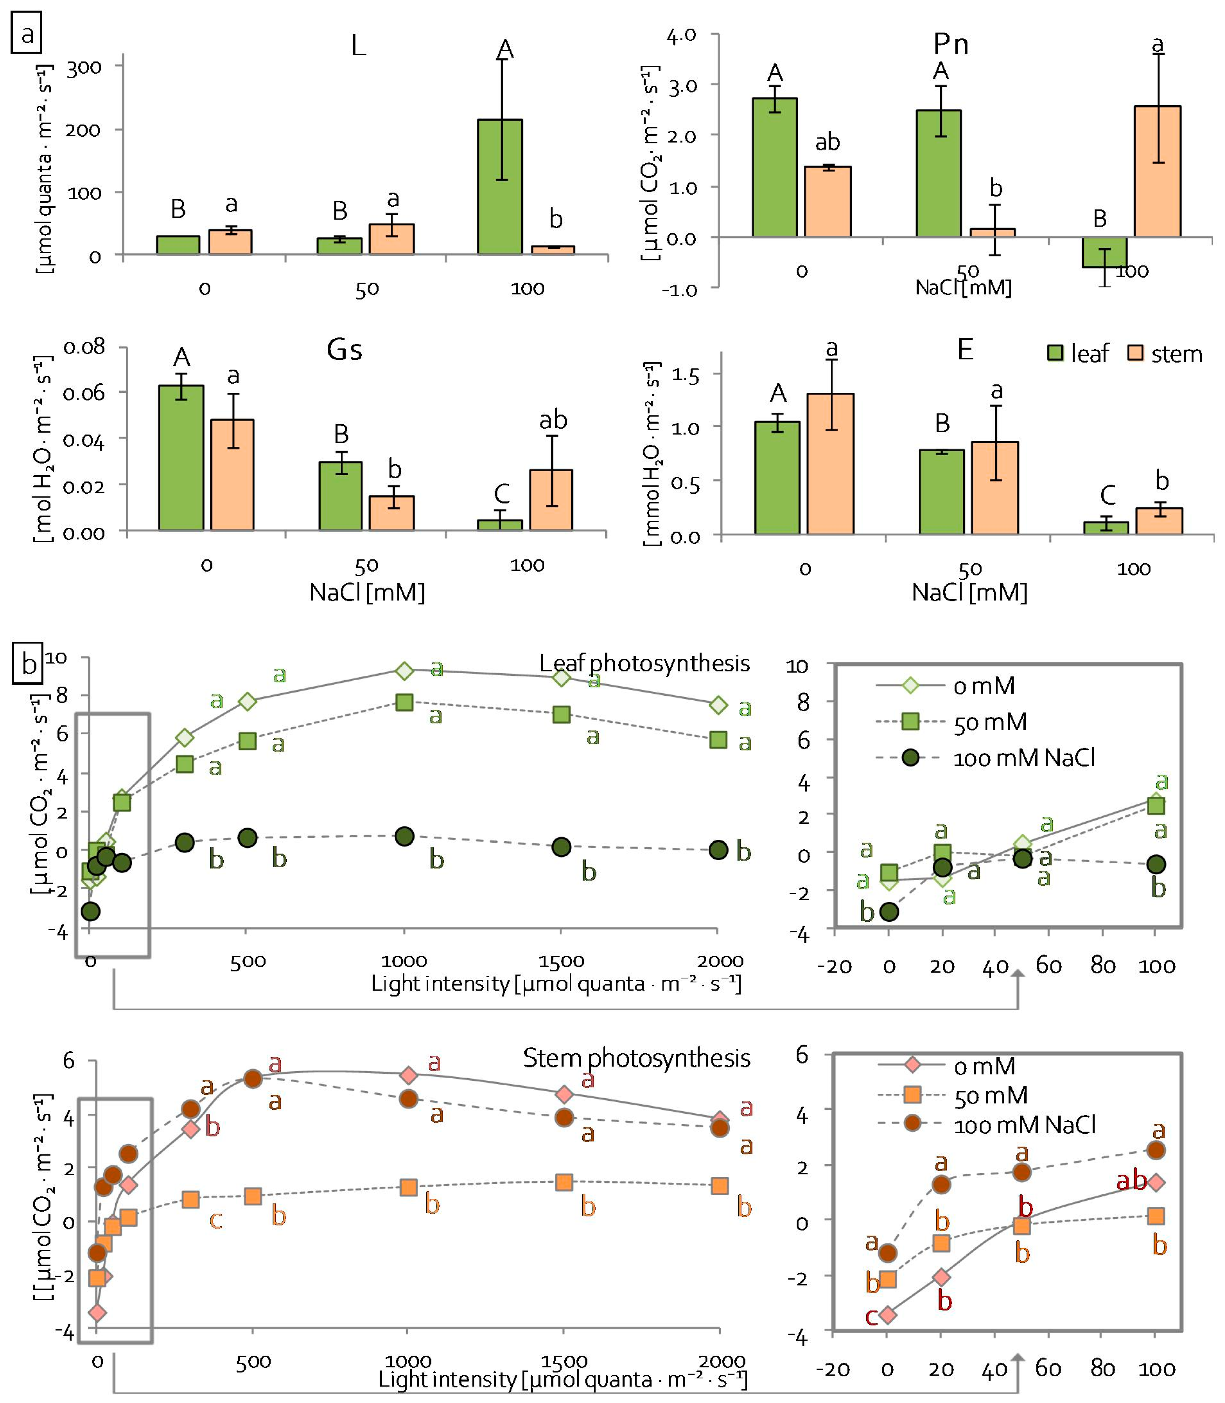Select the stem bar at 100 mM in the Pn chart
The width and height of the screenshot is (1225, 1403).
[1157, 171]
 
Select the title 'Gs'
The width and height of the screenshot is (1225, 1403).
[345, 350]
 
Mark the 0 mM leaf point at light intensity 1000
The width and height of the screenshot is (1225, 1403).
[405, 671]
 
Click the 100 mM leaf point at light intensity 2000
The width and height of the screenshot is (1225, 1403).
[718, 850]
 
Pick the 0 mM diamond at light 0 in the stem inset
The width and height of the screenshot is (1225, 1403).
[887, 1315]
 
